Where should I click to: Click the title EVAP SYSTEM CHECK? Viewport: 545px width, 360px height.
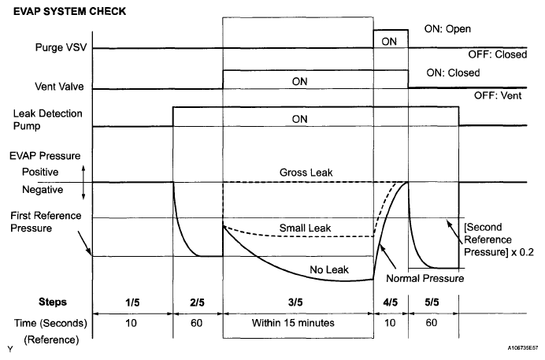[61, 12]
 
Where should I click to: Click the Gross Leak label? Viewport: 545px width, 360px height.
[303, 172]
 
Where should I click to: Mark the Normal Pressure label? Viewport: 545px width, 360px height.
[425, 278]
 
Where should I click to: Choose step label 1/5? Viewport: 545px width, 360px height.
[132, 302]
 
